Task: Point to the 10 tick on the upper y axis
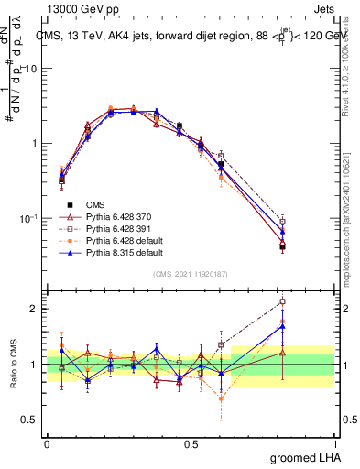[x=31, y=69]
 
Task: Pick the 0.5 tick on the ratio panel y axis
[x=33, y=420]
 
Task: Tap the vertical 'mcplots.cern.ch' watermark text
[x=351, y=211]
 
